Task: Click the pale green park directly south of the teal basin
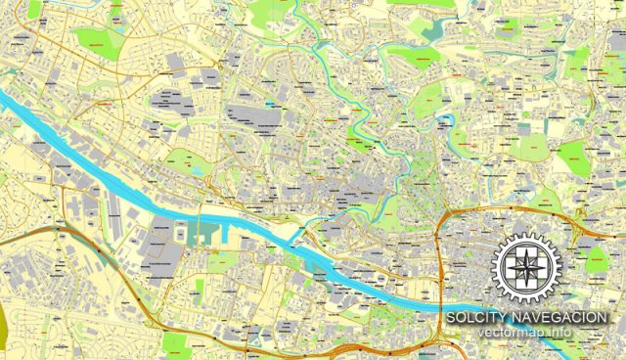click(x=223, y=261)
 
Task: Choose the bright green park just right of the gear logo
click(x=596, y=260)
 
